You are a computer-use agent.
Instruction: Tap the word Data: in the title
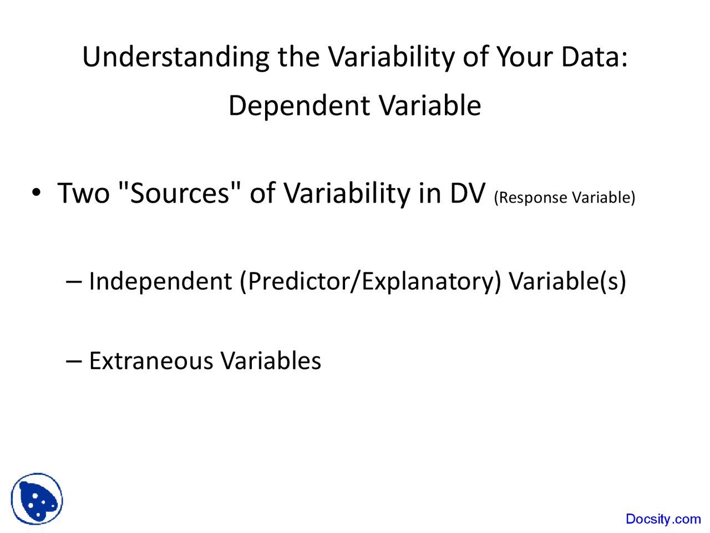(594, 57)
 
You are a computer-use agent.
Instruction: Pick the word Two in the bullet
(84, 193)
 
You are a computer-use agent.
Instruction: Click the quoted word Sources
(180, 193)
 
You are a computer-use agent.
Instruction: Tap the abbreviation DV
(467, 193)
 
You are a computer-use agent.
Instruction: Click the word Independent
(160, 281)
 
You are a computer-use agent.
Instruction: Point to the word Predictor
(300, 281)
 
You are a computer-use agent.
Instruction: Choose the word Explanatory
(427, 281)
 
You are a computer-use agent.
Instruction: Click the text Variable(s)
(567, 281)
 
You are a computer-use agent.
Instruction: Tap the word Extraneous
(150, 361)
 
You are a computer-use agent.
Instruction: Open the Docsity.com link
(663, 519)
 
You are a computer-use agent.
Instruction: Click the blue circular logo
(37, 499)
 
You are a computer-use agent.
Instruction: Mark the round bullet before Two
(36, 193)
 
